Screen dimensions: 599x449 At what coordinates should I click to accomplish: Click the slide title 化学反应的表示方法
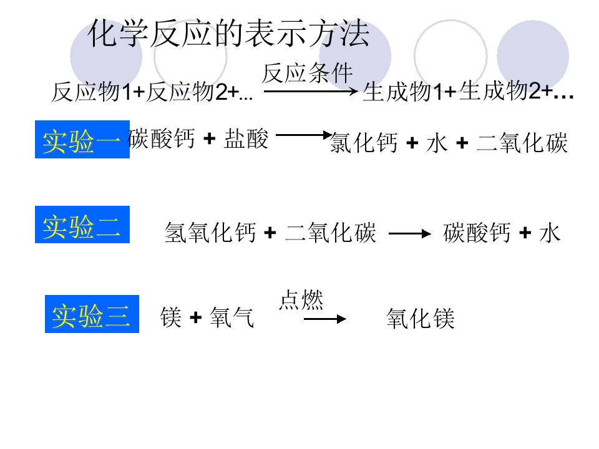coord(228,34)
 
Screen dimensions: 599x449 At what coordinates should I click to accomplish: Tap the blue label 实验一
coord(82,139)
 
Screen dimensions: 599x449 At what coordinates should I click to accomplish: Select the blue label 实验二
coord(82,224)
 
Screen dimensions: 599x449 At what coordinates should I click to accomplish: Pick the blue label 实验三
coord(92,314)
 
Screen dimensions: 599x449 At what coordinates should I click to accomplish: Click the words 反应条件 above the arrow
coord(307,73)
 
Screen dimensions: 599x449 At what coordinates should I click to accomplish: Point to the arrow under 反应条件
coord(311,91)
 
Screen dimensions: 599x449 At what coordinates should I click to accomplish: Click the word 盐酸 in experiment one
coord(246,138)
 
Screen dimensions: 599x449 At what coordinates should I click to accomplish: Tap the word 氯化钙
coord(364,142)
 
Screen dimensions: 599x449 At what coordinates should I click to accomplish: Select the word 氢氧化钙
coord(210,232)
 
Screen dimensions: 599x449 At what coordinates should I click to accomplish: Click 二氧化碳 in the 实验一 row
coord(522,142)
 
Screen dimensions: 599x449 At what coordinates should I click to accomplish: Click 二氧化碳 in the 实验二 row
coord(331,232)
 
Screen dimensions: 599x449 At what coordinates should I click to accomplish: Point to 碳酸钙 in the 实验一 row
coord(161,138)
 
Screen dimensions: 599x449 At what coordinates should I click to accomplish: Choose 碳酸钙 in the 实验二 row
coord(477,232)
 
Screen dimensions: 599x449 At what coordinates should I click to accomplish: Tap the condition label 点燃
coord(301,299)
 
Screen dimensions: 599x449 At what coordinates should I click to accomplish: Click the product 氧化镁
coord(420,319)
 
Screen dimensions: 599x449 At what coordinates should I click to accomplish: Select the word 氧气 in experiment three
coord(232,317)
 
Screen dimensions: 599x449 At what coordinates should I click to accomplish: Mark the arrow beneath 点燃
coord(324,319)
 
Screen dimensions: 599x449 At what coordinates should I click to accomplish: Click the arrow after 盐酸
coord(304,135)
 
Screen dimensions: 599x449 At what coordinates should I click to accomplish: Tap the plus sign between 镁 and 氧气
coord(195,317)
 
